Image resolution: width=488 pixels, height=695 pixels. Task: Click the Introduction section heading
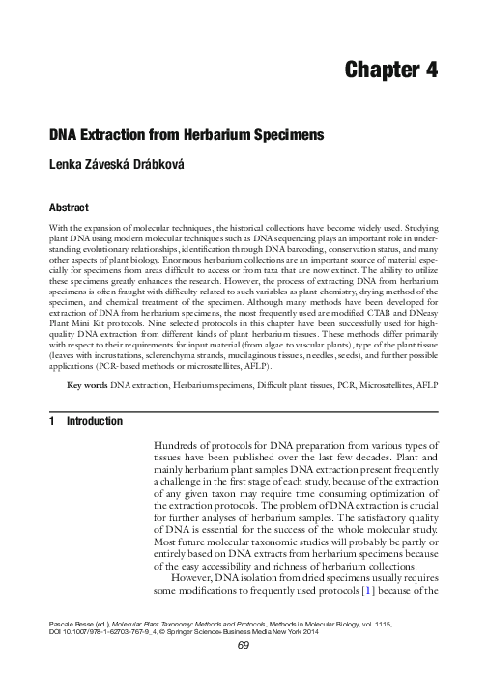(94, 421)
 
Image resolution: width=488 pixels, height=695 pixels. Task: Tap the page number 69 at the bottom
(244, 673)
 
